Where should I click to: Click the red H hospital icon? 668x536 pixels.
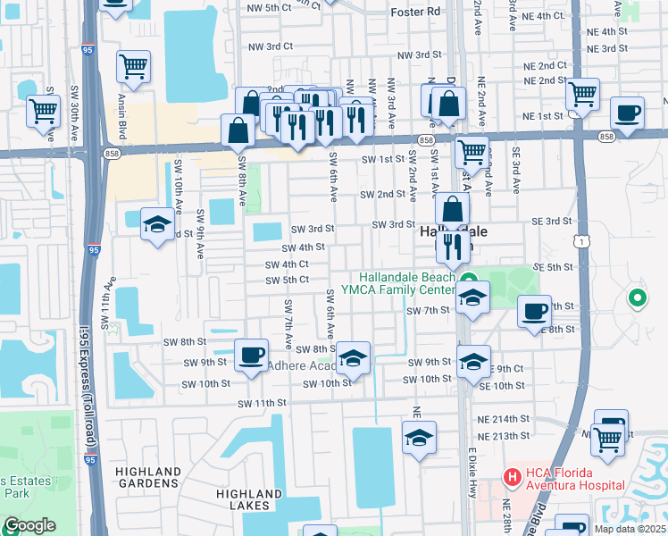pyautogui.click(x=512, y=477)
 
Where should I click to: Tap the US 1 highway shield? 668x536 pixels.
pyautogui.click(x=581, y=242)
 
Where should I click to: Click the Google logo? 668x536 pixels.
pyautogui.click(x=29, y=525)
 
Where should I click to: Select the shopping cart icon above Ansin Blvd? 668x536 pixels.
pyautogui.click(x=133, y=66)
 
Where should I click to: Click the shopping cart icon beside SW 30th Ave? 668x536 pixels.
pyautogui.click(x=43, y=112)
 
